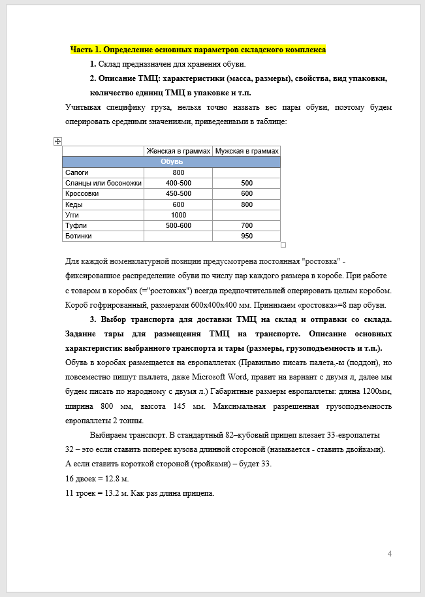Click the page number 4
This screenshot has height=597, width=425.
[390, 555]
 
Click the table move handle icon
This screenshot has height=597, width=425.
[57, 141]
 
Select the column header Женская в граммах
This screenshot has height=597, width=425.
[178, 151]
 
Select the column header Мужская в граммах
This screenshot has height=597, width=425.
[246, 151]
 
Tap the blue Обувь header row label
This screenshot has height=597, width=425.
[172, 161]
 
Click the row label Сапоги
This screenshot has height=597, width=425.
[78, 172]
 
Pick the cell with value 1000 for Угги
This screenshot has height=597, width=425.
[178, 215]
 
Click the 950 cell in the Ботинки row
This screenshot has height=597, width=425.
[246, 236]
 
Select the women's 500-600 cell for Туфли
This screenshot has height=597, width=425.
[178, 225]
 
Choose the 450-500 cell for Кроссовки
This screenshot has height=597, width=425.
[178, 193]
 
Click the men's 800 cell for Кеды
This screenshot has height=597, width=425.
[246, 204]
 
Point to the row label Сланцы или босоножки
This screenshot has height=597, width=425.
[103, 183]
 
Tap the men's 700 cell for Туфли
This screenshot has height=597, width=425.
[246, 225]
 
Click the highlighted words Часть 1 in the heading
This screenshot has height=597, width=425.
[84, 50]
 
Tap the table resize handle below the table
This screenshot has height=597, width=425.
[283, 245]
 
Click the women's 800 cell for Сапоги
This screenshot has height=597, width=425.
[178, 172]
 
